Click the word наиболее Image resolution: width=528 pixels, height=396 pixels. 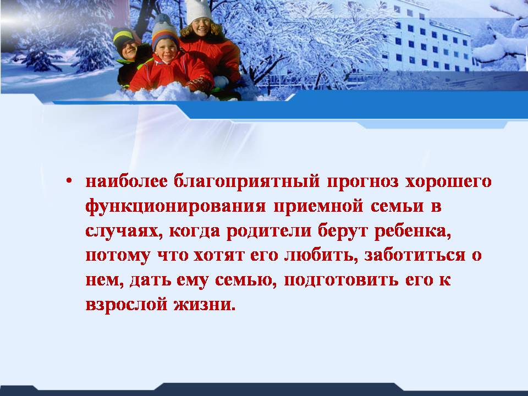pyautogui.click(x=127, y=182)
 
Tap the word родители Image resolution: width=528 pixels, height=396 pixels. pyautogui.click(x=269, y=231)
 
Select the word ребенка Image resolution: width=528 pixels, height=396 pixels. pyautogui.click(x=413, y=231)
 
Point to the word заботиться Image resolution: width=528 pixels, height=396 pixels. pyautogui.click(x=415, y=255)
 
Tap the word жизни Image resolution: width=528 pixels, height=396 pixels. pyautogui.click(x=205, y=305)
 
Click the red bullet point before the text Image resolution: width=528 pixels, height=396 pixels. pyautogui.click(x=69, y=181)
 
